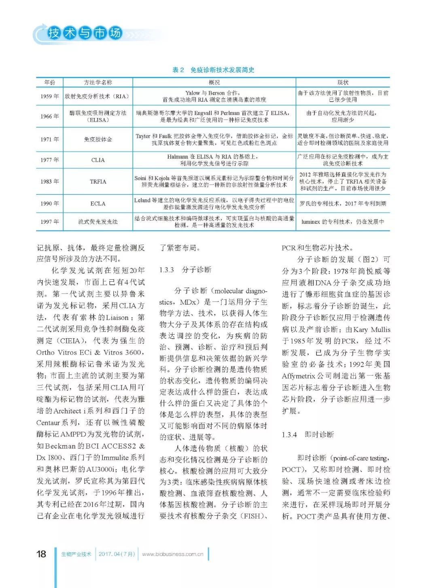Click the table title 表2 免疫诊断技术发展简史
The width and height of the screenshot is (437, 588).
pyautogui.click(x=213, y=70)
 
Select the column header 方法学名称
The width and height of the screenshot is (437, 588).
pyautogui.click(x=98, y=82)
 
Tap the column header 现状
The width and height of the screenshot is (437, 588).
pyautogui.click(x=343, y=82)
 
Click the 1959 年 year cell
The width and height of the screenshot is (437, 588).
pyautogui.click(x=49, y=96)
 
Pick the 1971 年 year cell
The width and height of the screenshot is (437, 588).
pyautogui.click(x=49, y=139)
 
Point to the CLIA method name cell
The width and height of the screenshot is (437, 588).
pyautogui.click(x=98, y=160)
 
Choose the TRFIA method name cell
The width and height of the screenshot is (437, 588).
pyautogui.click(x=98, y=181)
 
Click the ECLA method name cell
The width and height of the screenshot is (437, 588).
pyautogui.click(x=98, y=204)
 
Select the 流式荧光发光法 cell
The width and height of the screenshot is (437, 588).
pyautogui.click(x=98, y=221)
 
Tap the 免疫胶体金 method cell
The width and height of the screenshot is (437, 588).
pyautogui.click(x=98, y=139)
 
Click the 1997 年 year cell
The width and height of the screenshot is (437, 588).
pyautogui.click(x=49, y=221)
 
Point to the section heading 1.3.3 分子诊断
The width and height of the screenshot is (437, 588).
pyautogui.click(x=185, y=270)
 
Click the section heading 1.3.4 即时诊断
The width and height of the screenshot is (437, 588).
pyautogui.click(x=308, y=434)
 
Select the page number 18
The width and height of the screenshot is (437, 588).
pyautogui.click(x=41, y=554)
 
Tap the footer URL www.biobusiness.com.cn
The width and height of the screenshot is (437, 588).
pyautogui.click(x=173, y=554)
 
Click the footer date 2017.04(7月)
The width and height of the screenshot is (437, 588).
pyautogui.click(x=117, y=554)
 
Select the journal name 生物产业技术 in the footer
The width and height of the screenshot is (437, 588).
pyautogui.click(x=76, y=554)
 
